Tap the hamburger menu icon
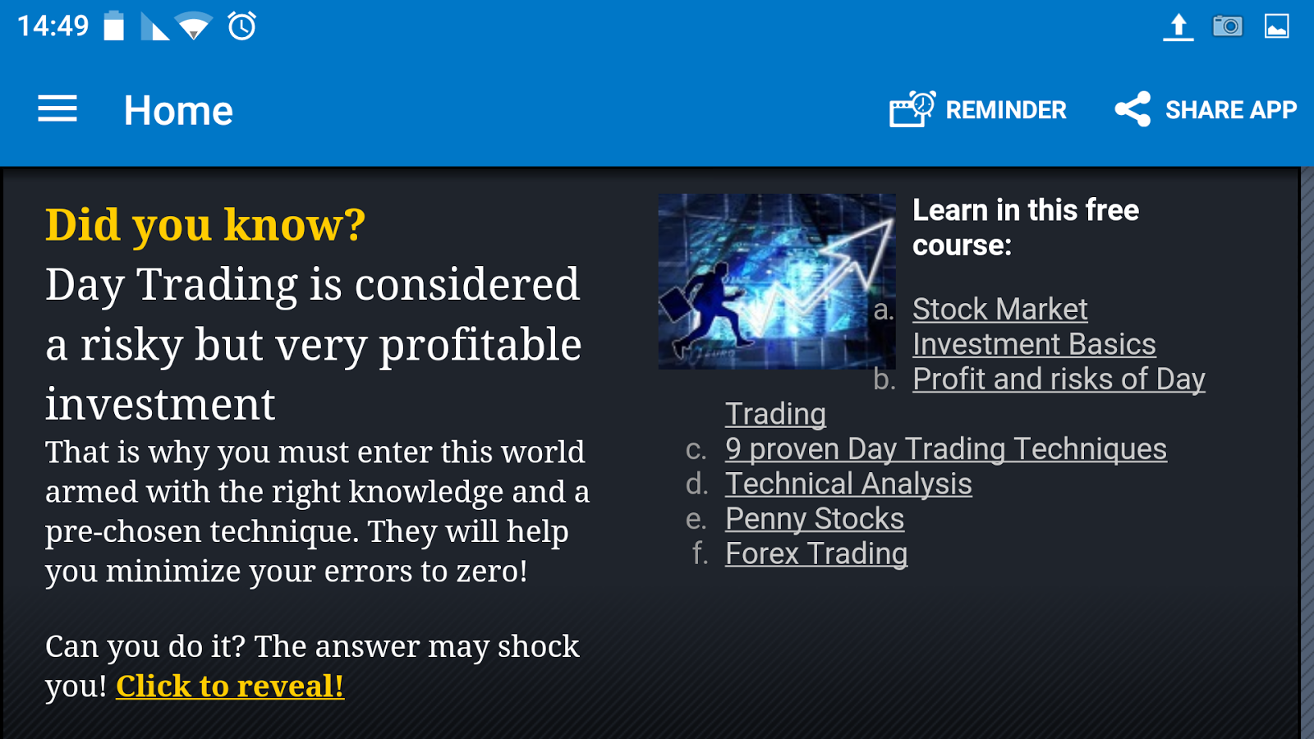57,108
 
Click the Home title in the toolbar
178,110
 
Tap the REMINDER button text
1006,110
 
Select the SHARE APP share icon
1133,109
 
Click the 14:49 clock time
53,26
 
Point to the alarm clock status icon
241,25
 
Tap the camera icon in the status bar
1228,26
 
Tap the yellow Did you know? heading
205,225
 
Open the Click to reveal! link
230,686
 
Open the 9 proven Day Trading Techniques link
946,449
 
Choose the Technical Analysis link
849,484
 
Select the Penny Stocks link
815,519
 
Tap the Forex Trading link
816,553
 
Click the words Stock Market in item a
1000,309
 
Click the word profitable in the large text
480,346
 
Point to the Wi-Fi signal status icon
194,25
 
